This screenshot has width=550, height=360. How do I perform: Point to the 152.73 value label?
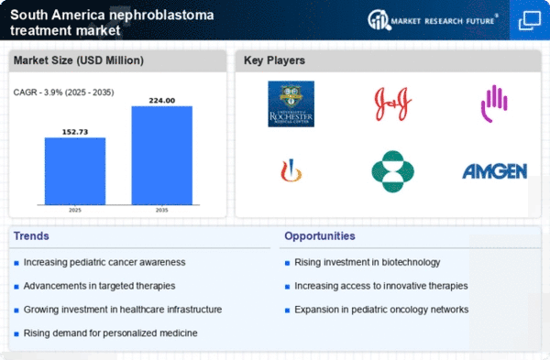point(75,132)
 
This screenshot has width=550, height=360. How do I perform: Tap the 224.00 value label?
point(161,100)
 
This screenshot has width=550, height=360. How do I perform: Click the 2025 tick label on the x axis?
point(75,212)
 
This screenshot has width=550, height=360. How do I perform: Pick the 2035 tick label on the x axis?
point(161,212)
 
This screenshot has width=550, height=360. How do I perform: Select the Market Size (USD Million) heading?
point(77,60)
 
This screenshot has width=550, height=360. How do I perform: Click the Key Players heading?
point(275,60)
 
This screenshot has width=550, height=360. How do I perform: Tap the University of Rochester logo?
point(291,103)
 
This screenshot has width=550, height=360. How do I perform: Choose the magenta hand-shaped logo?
point(493,103)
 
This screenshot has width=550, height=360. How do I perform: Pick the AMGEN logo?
point(493,171)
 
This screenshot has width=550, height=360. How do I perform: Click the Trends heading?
point(32,236)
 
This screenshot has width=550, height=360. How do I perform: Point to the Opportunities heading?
point(320,236)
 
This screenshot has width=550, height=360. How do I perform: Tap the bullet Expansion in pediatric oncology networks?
point(381,309)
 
